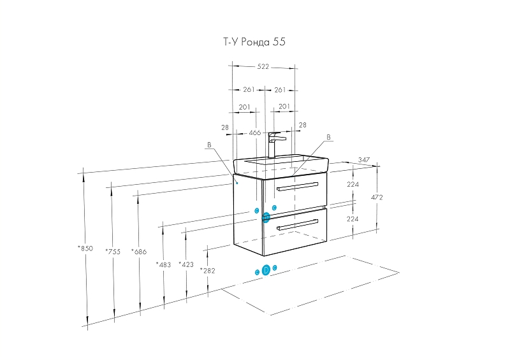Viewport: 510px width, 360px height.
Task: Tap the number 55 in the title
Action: click(x=279, y=42)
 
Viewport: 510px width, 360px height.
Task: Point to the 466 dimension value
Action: click(x=254, y=133)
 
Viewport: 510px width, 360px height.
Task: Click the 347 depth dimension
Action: click(x=364, y=160)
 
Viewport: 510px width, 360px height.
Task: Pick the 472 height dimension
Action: click(x=376, y=198)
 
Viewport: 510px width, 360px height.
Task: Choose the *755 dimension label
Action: click(x=112, y=251)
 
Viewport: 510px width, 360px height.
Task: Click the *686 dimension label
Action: click(x=139, y=251)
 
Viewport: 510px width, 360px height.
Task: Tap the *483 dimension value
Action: click(x=164, y=264)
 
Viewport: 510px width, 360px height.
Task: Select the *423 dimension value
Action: click(x=186, y=264)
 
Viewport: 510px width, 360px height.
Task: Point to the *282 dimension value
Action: click(x=208, y=270)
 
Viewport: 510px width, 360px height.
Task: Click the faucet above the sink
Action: click(x=276, y=143)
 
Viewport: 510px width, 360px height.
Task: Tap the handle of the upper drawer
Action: click(x=297, y=186)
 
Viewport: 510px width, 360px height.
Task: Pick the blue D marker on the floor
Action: click(x=266, y=270)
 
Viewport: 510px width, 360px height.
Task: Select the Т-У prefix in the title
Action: click(x=228, y=42)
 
